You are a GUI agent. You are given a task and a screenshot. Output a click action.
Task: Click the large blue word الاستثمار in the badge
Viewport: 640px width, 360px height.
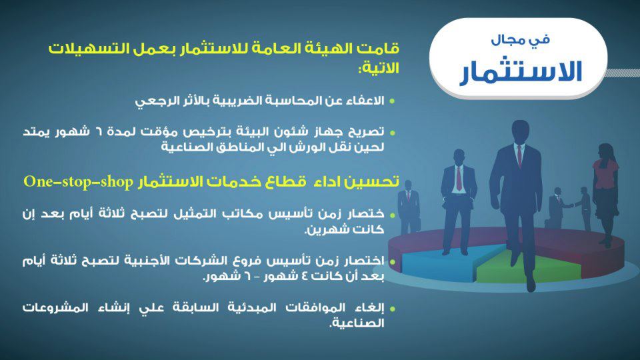[521, 72]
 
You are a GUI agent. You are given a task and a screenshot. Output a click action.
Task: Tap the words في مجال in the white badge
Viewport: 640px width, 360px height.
[521, 39]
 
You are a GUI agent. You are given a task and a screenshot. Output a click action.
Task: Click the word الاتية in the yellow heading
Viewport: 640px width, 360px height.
[379, 68]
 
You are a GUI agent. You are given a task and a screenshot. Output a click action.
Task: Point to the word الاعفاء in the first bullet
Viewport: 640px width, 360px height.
[365, 101]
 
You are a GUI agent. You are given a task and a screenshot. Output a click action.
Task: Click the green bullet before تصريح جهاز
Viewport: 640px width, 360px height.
[392, 133]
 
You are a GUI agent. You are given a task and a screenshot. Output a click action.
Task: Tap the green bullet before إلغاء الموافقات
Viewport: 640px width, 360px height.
[392, 309]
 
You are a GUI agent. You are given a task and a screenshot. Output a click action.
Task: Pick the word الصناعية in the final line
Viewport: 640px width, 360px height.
[357, 323]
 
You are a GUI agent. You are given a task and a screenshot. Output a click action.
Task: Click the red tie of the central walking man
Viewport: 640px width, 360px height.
[519, 155]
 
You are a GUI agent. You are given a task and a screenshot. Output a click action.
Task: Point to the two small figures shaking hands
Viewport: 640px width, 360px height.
[569, 208]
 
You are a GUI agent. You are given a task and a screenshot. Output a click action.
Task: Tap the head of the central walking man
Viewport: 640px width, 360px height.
[519, 131]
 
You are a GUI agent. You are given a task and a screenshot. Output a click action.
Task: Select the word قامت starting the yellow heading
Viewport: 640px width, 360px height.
[381, 49]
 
